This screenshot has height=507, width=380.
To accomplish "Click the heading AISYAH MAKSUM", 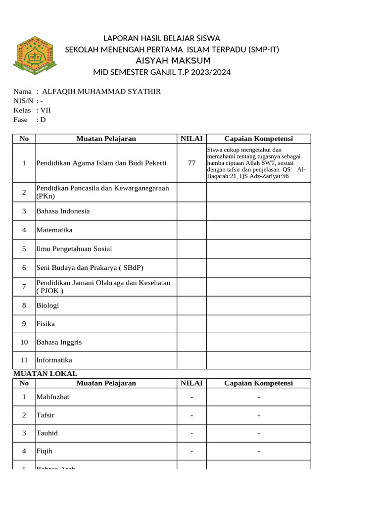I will pos(173,61).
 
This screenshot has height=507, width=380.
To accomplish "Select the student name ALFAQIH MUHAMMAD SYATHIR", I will pos(101,92).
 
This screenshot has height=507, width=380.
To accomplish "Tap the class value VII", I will pos(46,110).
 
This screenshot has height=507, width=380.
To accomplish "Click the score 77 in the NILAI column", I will pos(191,163).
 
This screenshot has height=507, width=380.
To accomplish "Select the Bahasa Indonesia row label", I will pos(63,211).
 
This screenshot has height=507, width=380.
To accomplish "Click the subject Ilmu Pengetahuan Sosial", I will pos(70,249).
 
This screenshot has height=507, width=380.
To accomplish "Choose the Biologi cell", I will pos(47,305).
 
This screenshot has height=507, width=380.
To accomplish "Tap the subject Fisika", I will pos(46,324).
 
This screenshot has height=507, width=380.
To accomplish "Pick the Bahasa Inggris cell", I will pos(59,342).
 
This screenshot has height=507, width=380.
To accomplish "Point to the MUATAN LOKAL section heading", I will pos(45,374).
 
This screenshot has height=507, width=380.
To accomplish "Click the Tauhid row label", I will pos(47,433).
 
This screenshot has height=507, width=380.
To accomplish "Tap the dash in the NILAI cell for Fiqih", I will pos(191,452).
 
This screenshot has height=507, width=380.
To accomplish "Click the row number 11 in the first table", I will pos(24,360).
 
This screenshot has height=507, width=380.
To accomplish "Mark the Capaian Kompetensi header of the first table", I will pos(258,139).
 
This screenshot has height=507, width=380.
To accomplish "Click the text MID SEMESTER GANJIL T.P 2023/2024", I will pos(162,73).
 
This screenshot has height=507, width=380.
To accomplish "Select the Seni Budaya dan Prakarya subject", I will pos(90,268).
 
